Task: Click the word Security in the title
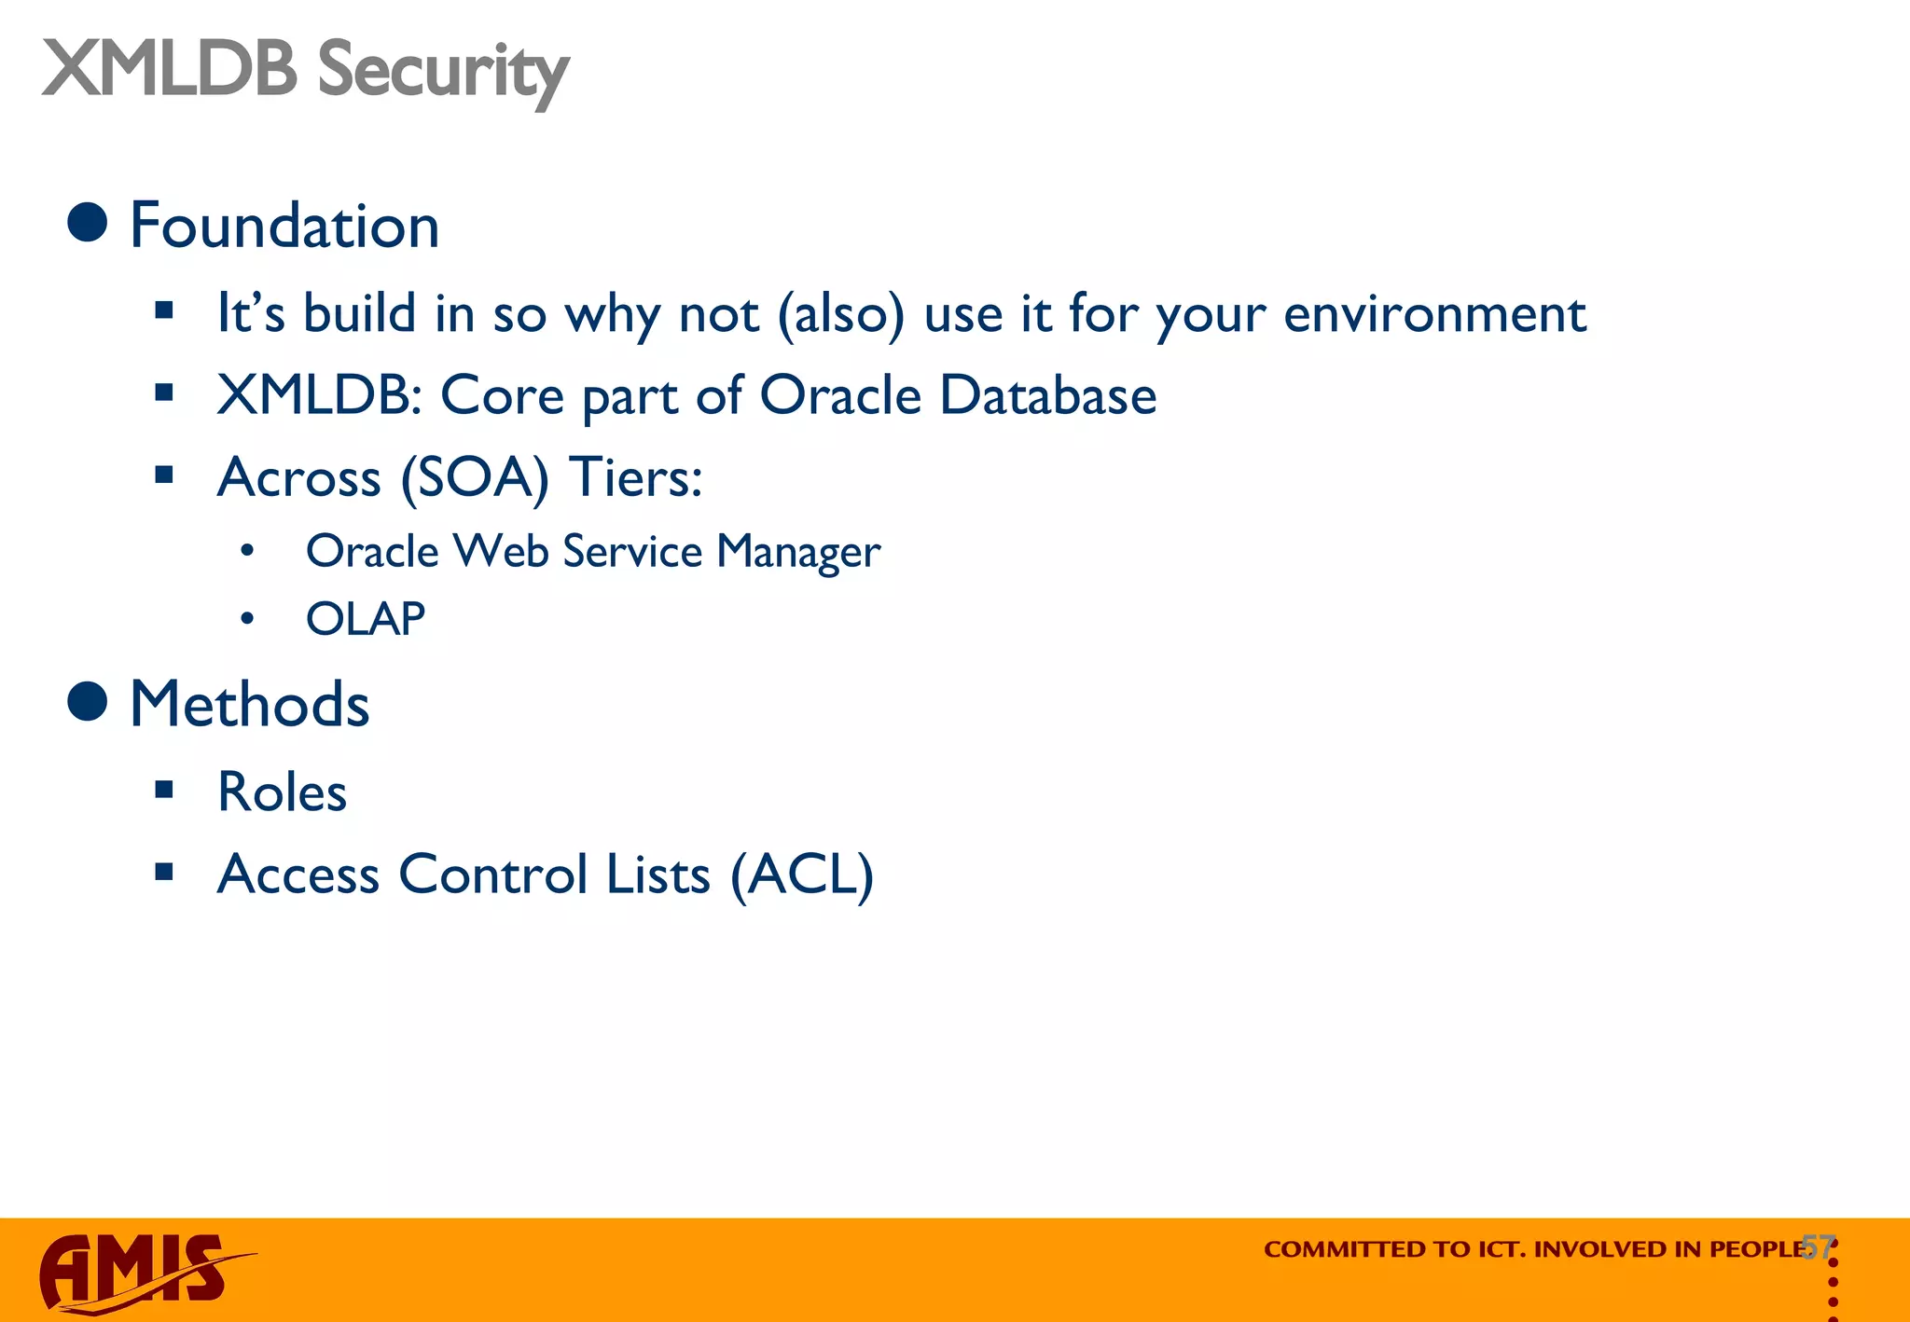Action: click(x=443, y=71)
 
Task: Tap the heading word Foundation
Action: click(x=284, y=227)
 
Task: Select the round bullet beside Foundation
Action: click(x=88, y=222)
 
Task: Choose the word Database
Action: click(x=1047, y=395)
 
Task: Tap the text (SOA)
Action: click(x=475, y=478)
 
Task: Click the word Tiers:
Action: click(x=635, y=478)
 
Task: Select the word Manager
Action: click(x=798, y=552)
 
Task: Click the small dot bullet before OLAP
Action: click(x=247, y=619)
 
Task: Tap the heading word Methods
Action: click(x=250, y=705)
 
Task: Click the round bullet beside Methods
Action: click(x=88, y=701)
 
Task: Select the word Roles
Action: click(x=282, y=792)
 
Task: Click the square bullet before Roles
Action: click(x=165, y=791)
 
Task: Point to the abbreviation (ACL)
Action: click(x=802, y=875)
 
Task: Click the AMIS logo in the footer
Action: click(x=140, y=1272)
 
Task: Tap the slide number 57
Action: click(x=1818, y=1246)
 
